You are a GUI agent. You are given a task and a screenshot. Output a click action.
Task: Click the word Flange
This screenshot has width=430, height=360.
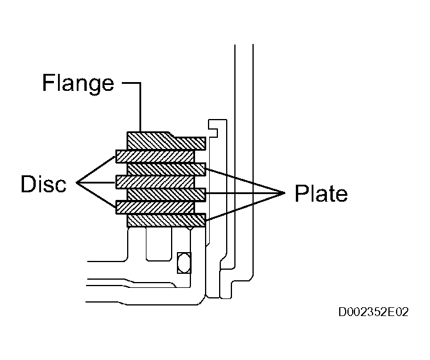pyautogui.click(x=78, y=83)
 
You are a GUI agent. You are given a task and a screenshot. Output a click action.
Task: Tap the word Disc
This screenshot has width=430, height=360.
pyautogui.click(x=43, y=184)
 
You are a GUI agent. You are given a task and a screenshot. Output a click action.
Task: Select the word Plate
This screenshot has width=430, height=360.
pyautogui.click(x=321, y=193)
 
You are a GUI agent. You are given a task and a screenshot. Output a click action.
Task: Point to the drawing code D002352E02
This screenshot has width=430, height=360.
pyautogui.click(x=374, y=312)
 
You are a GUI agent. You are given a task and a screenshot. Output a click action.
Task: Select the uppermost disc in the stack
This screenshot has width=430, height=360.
pyautogui.click(x=155, y=157)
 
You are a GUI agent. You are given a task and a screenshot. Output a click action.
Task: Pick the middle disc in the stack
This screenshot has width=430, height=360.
pyautogui.click(x=155, y=182)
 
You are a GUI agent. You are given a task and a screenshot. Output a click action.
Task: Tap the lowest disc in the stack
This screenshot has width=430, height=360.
pyautogui.click(x=155, y=207)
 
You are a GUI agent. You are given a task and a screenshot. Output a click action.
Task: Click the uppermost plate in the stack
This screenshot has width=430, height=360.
pyautogui.click(x=166, y=169)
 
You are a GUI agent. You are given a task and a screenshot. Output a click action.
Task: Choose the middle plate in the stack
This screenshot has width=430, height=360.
pyautogui.click(x=166, y=195)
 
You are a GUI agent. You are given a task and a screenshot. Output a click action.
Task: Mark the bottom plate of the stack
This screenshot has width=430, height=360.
pyautogui.click(x=166, y=220)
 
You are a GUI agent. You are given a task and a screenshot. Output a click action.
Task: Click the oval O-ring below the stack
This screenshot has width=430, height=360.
pyautogui.click(x=184, y=263)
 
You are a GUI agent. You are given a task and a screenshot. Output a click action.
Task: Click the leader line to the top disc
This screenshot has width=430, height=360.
pyautogui.click(x=95, y=169)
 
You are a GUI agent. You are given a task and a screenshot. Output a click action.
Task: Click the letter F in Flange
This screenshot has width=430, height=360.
pyautogui.click(x=48, y=82)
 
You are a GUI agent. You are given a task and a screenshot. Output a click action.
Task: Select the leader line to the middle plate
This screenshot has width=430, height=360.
pyautogui.click(x=245, y=193)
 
